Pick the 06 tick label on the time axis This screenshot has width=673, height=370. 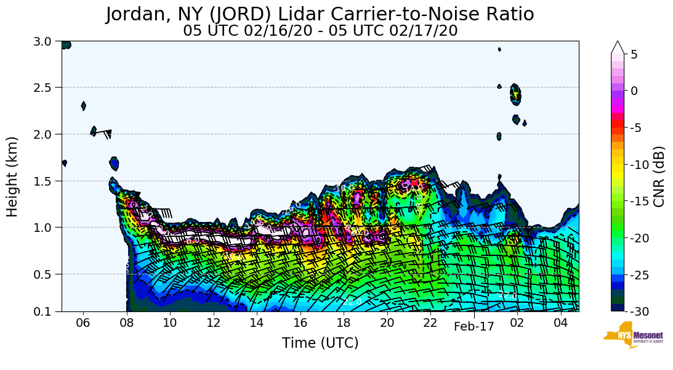83,323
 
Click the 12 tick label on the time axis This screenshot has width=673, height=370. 213,323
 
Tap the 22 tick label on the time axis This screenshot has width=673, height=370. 430,323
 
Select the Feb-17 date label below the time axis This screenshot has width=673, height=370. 474,327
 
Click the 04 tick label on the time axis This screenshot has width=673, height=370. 560,323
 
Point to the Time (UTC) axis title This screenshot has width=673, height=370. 320,343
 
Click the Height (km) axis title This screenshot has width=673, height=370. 13,176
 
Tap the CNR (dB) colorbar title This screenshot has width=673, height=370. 659,176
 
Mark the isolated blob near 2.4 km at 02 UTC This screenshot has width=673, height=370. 516,94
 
